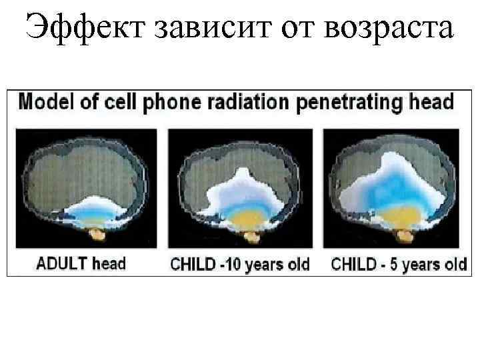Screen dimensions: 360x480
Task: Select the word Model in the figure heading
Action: [x=41, y=103]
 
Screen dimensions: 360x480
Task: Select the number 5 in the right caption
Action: [x=393, y=264]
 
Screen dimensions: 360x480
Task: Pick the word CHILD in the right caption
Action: [x=353, y=264]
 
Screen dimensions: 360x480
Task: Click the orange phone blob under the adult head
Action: [x=98, y=234]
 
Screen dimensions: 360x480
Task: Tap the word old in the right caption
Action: [x=455, y=264]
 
